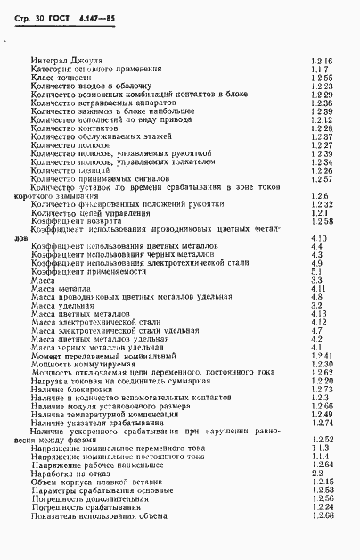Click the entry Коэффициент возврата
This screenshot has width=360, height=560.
coord(71,221)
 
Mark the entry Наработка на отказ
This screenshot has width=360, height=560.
coord(68,472)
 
